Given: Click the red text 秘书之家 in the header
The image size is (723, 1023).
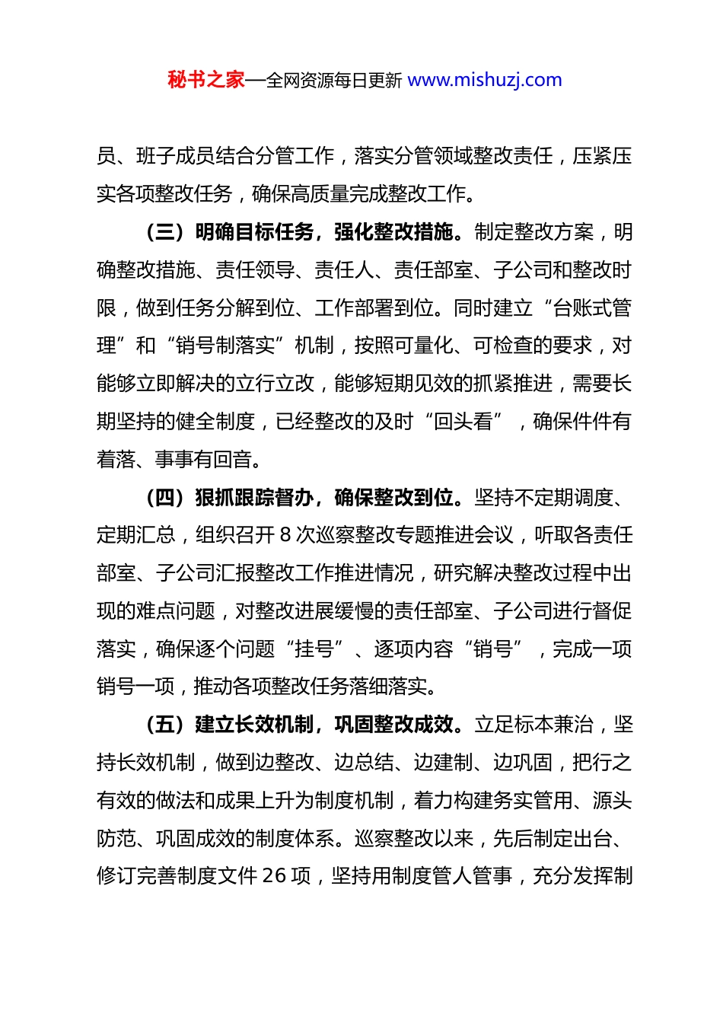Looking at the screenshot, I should click(205, 80).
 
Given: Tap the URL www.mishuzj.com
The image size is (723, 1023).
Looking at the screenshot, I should click(485, 80).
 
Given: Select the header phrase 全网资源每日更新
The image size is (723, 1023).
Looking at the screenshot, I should click(334, 81).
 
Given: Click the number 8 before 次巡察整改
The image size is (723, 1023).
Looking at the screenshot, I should click(285, 535).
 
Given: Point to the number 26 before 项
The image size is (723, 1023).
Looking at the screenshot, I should click(275, 876).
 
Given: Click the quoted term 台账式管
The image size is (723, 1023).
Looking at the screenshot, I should click(592, 308).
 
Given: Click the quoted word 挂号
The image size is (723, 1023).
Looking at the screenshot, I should click(314, 649).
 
